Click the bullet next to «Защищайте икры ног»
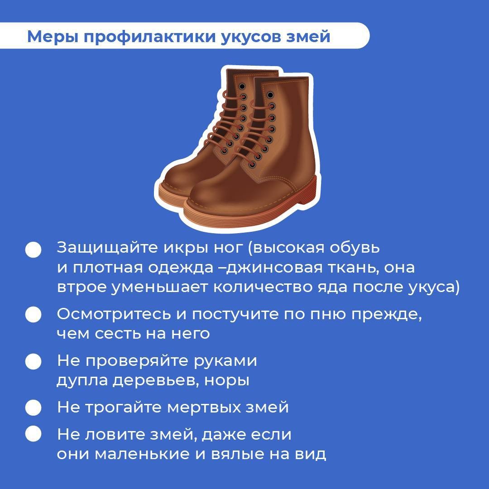tap(34, 249)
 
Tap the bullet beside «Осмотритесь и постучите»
tap(34, 314)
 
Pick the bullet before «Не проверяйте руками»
tap(34, 361)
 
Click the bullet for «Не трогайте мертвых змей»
tap(34, 407)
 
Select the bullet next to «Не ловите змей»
tap(34, 434)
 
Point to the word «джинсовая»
tap(274, 268)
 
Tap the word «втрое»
tap(81, 288)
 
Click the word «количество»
tap(263, 288)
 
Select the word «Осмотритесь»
tap(114, 314)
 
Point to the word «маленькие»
tap(142, 454)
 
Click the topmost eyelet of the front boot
tap(270, 95)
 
